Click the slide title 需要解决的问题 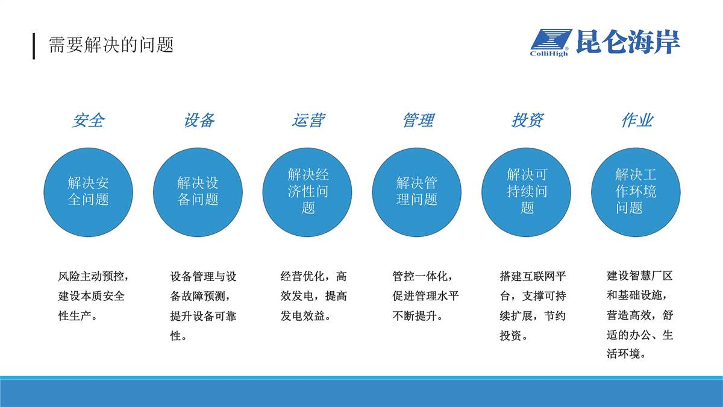[x=111, y=45]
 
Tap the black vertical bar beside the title [x=34, y=46]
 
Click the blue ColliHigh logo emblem [x=551, y=43]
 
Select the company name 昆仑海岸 [x=628, y=42]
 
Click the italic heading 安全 [x=88, y=121]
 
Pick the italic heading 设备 [x=199, y=121]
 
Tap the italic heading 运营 [x=308, y=121]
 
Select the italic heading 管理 [x=418, y=121]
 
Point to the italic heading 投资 [x=527, y=121]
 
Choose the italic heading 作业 [x=637, y=121]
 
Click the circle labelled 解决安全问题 [x=88, y=192]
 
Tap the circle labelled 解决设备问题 [x=198, y=192]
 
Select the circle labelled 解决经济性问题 [x=307, y=192]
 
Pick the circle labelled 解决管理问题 [x=417, y=192]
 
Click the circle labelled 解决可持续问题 [x=526, y=192]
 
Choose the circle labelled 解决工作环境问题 [x=636, y=192]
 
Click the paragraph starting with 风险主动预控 [x=93, y=296]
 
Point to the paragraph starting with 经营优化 [x=313, y=296]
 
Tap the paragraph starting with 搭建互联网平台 [x=533, y=306]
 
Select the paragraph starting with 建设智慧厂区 [x=640, y=315]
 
